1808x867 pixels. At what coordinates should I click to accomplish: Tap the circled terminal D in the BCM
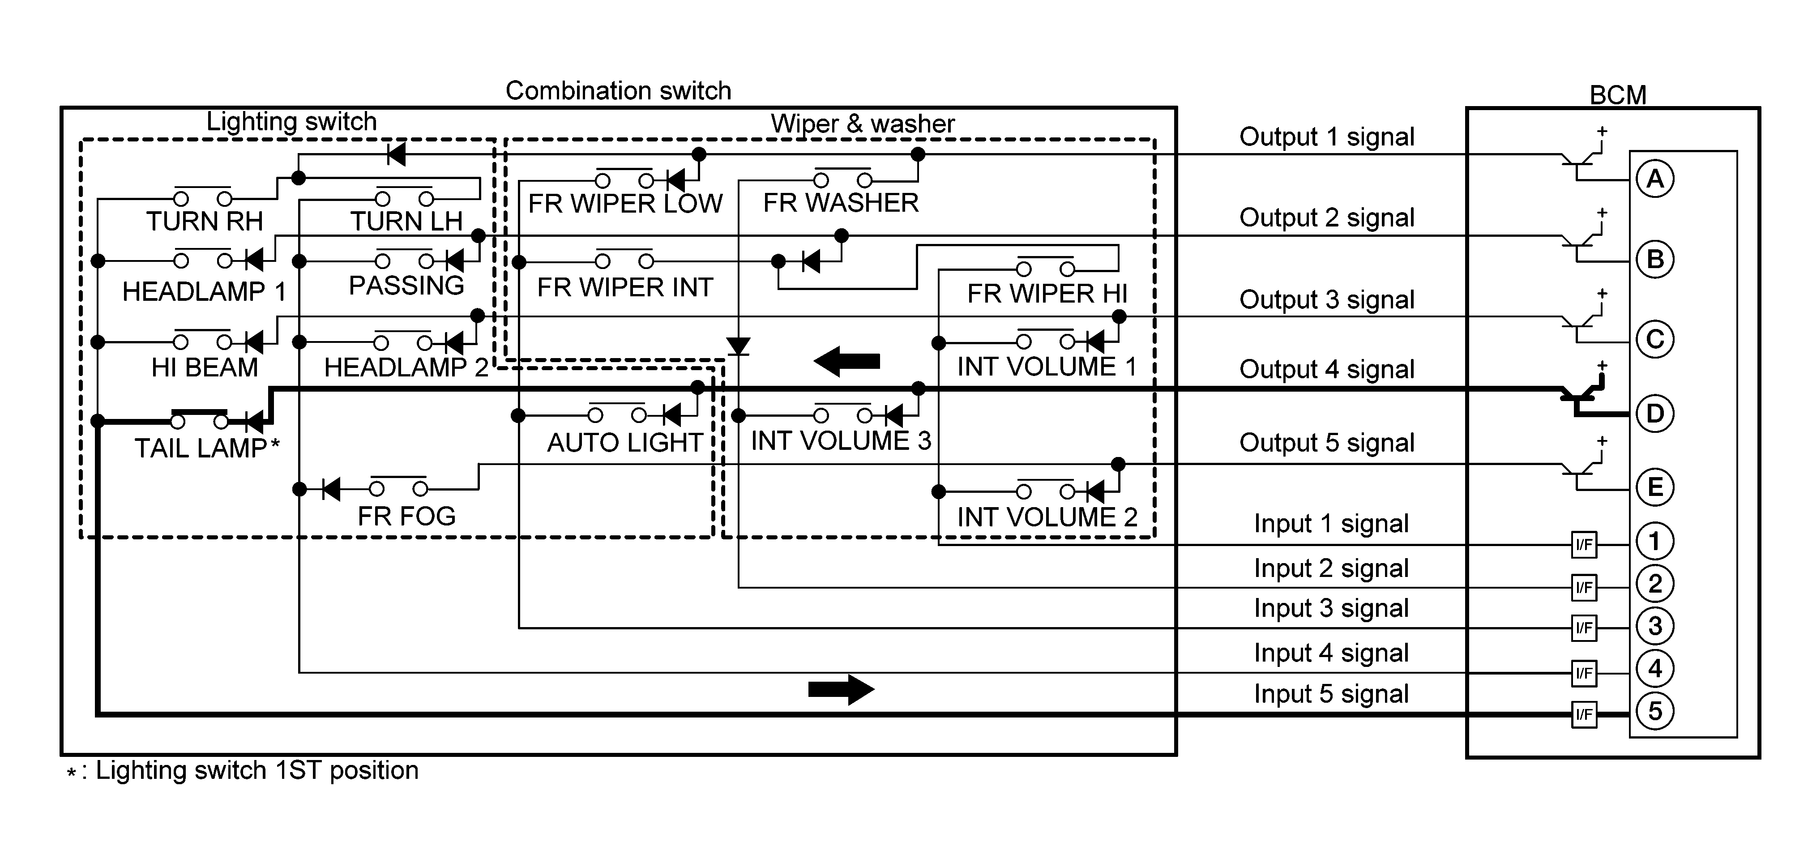pos(1655,414)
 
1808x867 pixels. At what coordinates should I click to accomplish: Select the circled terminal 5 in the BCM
pos(1655,711)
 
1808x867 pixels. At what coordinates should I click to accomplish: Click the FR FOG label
pos(406,516)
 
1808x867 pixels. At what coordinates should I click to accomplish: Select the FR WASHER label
pos(841,203)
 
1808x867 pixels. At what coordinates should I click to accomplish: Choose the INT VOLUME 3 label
pos(841,441)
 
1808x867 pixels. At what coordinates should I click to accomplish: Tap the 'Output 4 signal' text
pos(1326,369)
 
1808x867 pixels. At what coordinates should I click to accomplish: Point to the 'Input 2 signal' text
pos(1331,568)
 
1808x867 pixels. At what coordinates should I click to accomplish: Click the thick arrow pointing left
pos(846,362)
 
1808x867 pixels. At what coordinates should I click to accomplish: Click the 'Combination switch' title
pos(618,90)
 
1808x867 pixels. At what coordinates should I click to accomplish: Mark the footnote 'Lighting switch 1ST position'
pos(257,770)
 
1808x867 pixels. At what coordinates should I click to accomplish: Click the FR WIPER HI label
pos(1047,294)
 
